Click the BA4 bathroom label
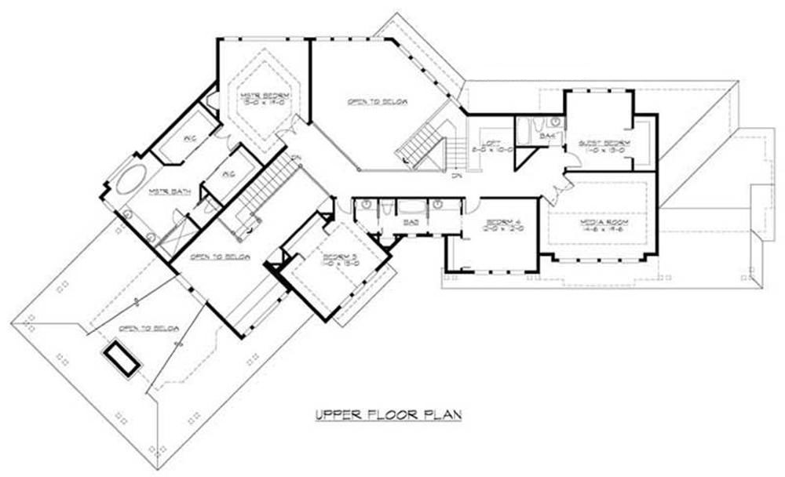(x=548, y=137)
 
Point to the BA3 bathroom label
(x=409, y=223)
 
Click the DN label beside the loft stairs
(x=455, y=176)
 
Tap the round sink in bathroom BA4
(x=554, y=122)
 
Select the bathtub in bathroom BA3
(x=411, y=207)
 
